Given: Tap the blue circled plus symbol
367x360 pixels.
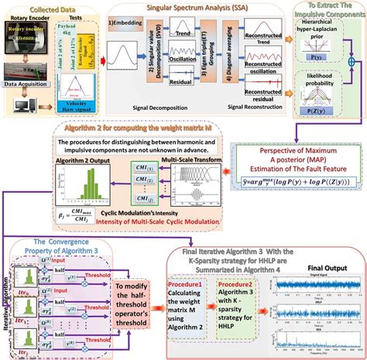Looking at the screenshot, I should point(355,78).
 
